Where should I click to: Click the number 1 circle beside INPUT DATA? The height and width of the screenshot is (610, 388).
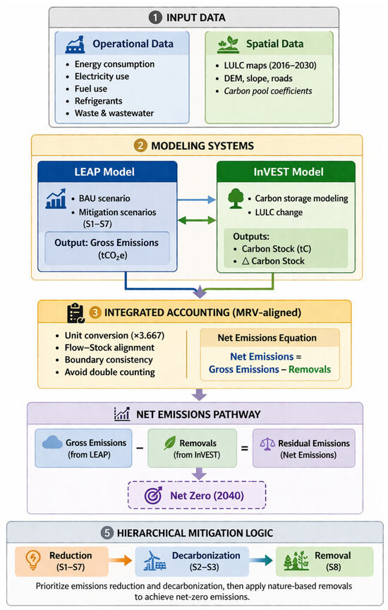pyautogui.click(x=155, y=18)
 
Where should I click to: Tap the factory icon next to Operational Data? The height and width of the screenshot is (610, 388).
pyautogui.click(x=75, y=44)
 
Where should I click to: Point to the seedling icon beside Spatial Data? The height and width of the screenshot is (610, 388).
pyautogui.click(x=228, y=44)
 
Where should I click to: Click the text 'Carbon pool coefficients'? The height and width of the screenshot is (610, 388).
pyautogui.click(x=268, y=91)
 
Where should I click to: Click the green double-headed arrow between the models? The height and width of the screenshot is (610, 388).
pyautogui.click(x=197, y=221)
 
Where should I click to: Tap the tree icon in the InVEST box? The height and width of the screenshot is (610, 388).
pyautogui.click(x=236, y=199)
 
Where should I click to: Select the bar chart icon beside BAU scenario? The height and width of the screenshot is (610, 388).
pyautogui.click(x=56, y=199)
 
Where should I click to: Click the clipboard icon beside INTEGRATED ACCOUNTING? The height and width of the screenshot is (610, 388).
pyautogui.click(x=76, y=313)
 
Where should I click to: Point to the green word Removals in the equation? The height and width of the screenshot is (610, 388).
pyautogui.click(x=310, y=370)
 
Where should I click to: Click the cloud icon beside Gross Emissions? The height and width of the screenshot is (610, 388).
pyautogui.click(x=52, y=443)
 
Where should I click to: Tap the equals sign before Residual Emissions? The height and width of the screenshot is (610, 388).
pyautogui.click(x=244, y=449)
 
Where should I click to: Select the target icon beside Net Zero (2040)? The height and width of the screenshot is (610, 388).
pyautogui.click(x=154, y=496)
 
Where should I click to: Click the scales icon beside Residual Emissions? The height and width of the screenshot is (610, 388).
pyautogui.click(x=267, y=444)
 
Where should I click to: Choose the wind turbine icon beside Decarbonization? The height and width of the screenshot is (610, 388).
pyautogui.click(x=154, y=561)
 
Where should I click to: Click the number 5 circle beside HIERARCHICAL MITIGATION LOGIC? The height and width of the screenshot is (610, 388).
pyautogui.click(x=107, y=533)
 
